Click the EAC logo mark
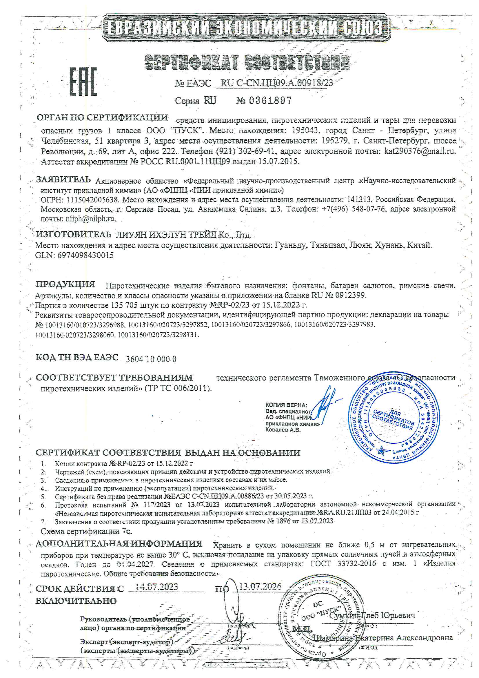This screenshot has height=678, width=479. [83, 81]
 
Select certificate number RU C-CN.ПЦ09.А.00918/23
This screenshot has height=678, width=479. [276, 83]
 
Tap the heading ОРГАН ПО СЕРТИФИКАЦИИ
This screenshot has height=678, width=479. [102, 117]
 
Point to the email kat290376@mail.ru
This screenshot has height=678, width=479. [420, 151]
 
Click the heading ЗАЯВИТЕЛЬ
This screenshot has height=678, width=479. [63, 179]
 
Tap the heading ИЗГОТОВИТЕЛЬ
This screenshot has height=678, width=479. [74, 235]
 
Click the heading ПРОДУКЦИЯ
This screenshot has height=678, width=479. [65, 284]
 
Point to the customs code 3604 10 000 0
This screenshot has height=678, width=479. [151, 359]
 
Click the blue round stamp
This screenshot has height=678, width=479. [394, 417]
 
